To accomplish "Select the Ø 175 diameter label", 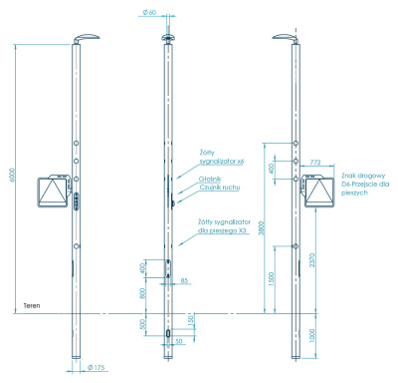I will (98, 367).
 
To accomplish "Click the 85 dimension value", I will (185, 281).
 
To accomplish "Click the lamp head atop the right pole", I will (286, 39).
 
